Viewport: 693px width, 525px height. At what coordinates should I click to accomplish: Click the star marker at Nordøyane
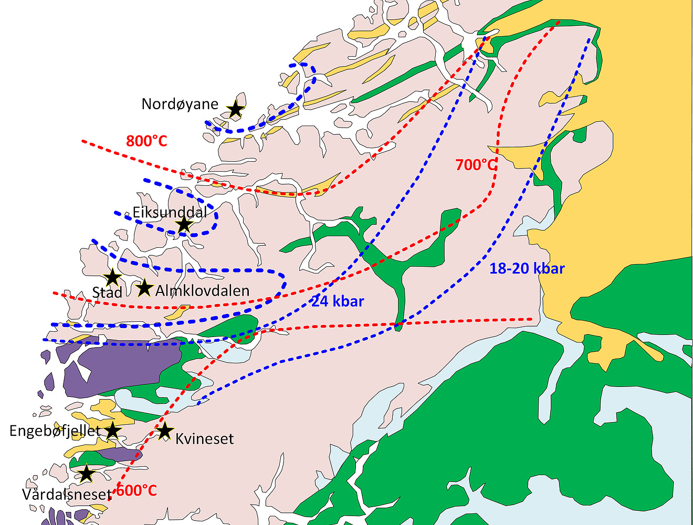tap(236, 109)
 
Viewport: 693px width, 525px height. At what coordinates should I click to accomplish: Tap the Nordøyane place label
tap(180, 104)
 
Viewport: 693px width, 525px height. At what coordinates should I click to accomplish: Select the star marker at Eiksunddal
tap(184, 225)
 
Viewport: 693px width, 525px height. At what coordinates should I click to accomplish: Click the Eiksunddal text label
tap(170, 213)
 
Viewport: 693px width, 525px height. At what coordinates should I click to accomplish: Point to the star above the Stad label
tap(112, 277)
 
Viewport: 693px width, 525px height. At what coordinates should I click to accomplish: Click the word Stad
tap(107, 292)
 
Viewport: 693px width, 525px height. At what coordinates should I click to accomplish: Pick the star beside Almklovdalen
tap(144, 288)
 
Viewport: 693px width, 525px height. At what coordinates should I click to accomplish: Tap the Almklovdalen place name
tap(202, 290)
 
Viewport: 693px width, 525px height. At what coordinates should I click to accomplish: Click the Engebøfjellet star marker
tap(113, 431)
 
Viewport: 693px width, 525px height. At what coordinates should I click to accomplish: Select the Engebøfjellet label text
tap(55, 431)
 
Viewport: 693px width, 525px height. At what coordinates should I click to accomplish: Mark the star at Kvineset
tap(165, 431)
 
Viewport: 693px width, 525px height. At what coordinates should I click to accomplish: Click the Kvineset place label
tap(204, 439)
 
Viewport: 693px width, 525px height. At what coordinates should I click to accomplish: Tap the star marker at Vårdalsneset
tap(86, 474)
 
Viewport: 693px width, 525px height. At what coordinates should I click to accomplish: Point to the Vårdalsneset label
tap(67, 495)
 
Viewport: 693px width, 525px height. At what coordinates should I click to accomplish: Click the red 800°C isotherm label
tap(146, 141)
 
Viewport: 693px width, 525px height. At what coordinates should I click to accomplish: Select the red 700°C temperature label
tap(476, 165)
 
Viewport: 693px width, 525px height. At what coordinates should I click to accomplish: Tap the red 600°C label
tap(136, 491)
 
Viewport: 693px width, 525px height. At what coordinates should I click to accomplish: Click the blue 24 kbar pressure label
tap(338, 301)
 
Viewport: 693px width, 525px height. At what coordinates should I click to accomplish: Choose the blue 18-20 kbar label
tap(527, 269)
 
